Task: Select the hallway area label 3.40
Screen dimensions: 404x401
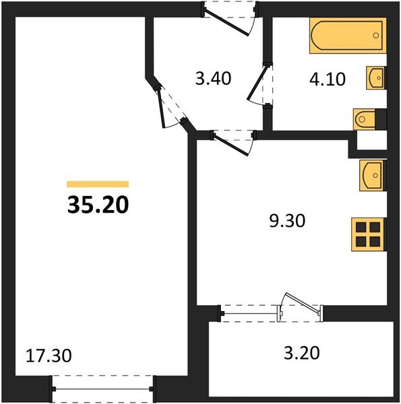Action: pyautogui.click(x=212, y=79)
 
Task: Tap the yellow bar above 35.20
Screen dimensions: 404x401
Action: pyautogui.click(x=97, y=183)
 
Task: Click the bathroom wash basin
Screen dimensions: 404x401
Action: pyautogui.click(x=376, y=78)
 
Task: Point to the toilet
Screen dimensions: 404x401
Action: pyautogui.click(x=368, y=119)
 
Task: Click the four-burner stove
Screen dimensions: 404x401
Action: pyautogui.click(x=368, y=235)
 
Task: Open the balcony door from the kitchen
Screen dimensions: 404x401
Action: pyautogui.click(x=301, y=306)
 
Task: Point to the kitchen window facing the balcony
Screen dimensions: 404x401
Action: pyautogui.click(x=251, y=312)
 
